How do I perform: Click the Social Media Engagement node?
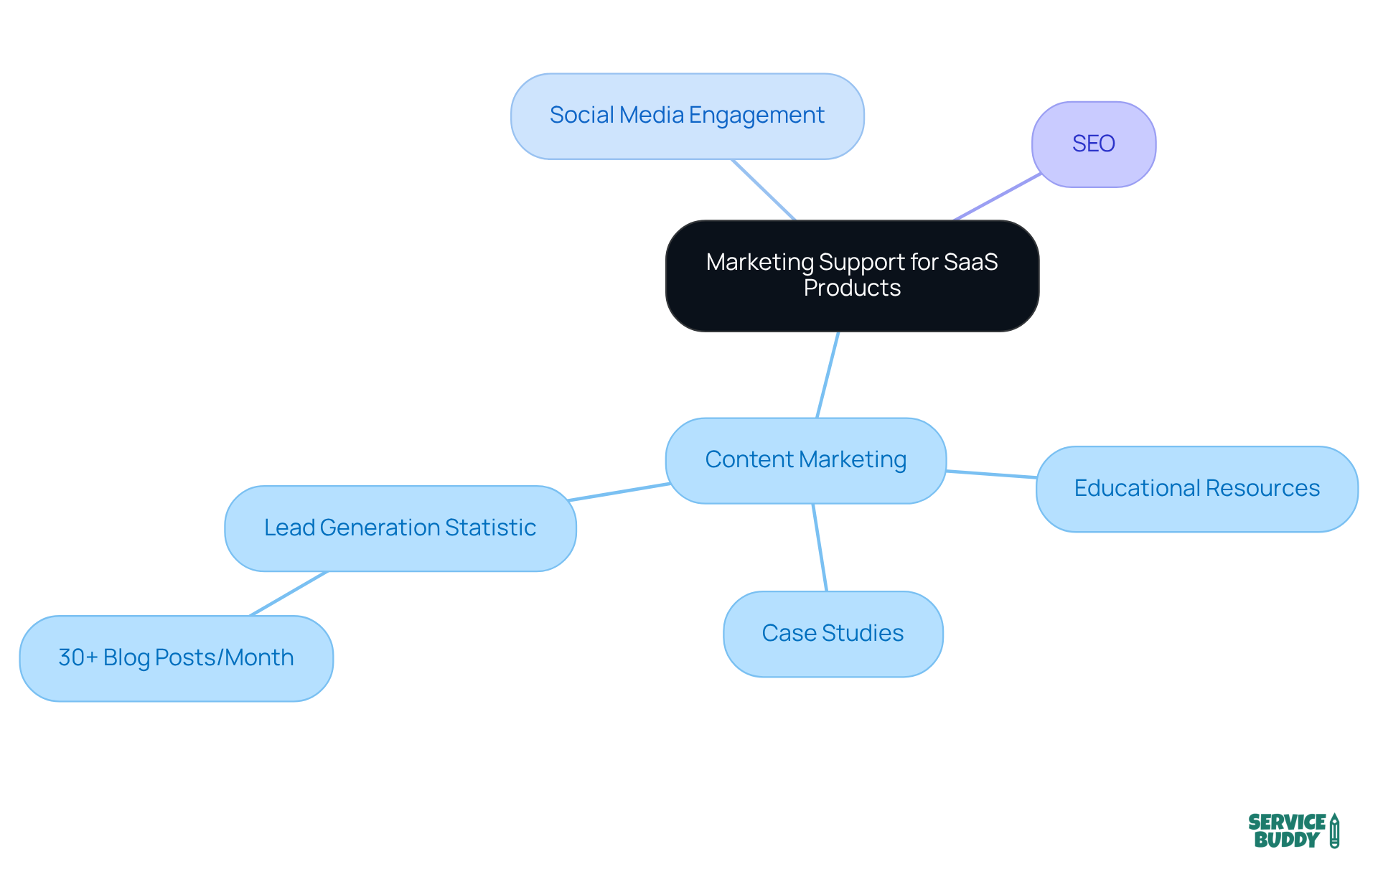click(687, 116)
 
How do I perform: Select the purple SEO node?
click(1093, 144)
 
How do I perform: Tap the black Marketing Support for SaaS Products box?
click(852, 276)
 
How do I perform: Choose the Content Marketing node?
click(805, 460)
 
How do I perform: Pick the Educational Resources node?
click(1196, 489)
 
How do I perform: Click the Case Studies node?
click(833, 634)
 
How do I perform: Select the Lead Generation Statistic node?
click(400, 528)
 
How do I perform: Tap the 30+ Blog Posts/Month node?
click(176, 658)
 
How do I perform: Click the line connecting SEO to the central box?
click(998, 197)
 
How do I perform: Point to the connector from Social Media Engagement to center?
click(764, 190)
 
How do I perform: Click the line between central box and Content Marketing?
click(828, 375)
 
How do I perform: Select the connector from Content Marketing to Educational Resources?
click(991, 474)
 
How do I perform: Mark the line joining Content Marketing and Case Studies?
click(820, 548)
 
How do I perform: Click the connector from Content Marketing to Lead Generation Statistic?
click(619, 492)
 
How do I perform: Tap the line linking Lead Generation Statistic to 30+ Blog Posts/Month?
click(289, 594)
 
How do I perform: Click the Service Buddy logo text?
click(1286, 831)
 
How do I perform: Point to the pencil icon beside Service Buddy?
click(1334, 831)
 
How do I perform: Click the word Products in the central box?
click(852, 289)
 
